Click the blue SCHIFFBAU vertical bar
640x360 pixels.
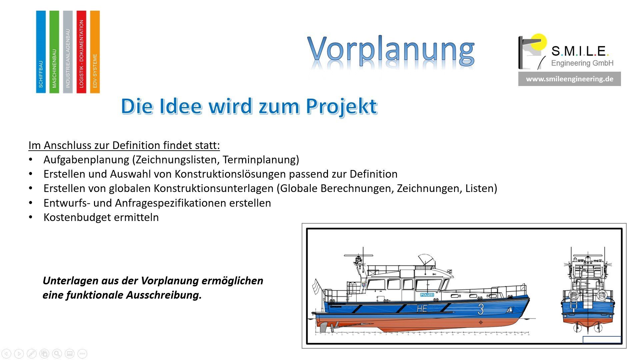pos(41,52)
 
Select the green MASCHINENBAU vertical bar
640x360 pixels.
pos(54,52)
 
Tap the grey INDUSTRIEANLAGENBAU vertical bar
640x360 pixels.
pos(68,52)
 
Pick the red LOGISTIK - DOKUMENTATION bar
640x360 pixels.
pos(81,52)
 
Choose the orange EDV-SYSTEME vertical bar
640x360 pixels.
pos(95,52)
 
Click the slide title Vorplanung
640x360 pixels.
pos(391,51)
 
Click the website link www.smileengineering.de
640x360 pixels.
pos(569,79)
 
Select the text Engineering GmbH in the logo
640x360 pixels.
pos(582,63)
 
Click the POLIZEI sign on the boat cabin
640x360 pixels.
pos(427,295)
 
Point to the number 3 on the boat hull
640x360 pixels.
pos(481,309)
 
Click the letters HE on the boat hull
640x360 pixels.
pos(422,309)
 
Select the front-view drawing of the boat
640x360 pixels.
pos(588,290)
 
